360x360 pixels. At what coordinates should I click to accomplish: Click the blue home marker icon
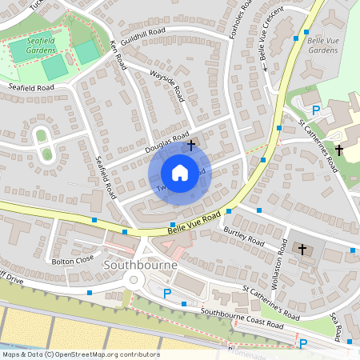pos(180,173)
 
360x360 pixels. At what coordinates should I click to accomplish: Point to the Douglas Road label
pos(166,142)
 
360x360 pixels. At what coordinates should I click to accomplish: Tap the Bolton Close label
pos(74,260)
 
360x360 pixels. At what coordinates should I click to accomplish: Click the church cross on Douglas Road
pos(191,146)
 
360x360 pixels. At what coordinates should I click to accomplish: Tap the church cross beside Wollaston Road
pos(302,250)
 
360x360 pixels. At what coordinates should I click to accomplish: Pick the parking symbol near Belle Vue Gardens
pos(315,110)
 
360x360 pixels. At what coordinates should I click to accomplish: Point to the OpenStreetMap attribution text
pos(81,354)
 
